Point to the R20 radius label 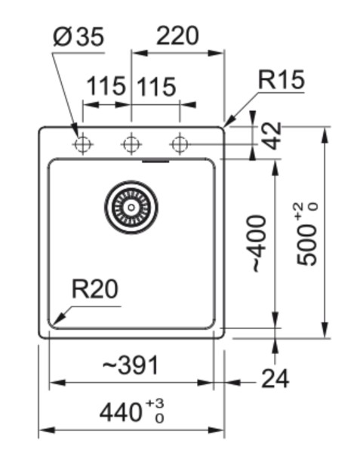[x=96, y=289]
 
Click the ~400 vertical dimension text [x=257, y=243]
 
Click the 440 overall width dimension [x=123, y=412]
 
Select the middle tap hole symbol [x=131, y=143]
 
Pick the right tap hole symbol [x=179, y=143]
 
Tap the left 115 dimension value [x=105, y=87]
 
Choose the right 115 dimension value [x=155, y=87]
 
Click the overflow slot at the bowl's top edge [x=156, y=161]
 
